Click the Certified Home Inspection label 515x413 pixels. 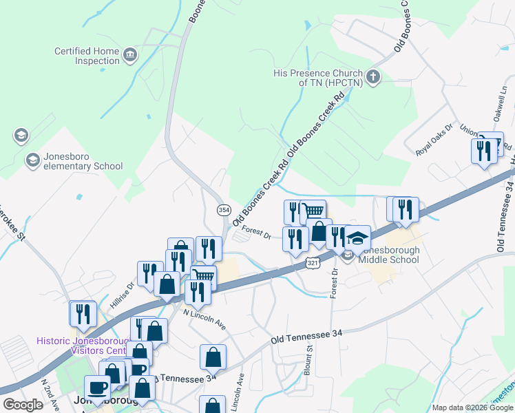pos(87,56)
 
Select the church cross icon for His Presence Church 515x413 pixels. pos(373,76)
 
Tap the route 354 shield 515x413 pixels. pos(223,209)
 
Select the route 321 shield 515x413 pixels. pos(313,263)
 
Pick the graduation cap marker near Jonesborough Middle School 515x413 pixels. pos(357,238)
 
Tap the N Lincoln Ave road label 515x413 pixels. pos(204,318)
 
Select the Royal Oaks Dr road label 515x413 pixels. pos(435,140)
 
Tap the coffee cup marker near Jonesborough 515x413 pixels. pos(96,387)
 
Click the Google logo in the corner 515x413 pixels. pos(23,405)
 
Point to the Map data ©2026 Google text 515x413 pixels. pos(472,407)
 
